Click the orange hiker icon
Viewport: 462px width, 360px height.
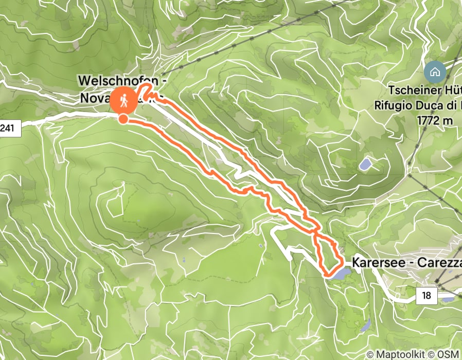[123, 101]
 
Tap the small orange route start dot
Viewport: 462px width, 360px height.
[123, 119]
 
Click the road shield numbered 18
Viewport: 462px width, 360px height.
[427, 295]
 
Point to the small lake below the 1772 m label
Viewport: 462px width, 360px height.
[366, 165]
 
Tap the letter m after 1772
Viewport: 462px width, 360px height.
[449, 120]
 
